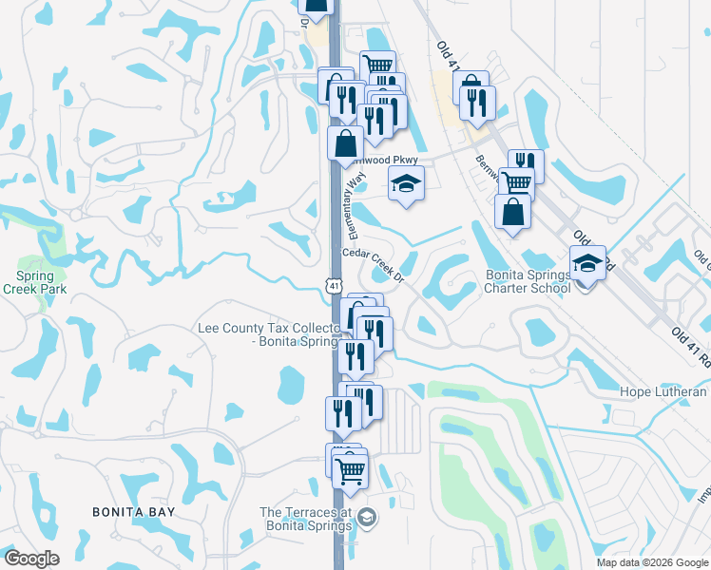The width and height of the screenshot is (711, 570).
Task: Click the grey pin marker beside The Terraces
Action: [368, 518]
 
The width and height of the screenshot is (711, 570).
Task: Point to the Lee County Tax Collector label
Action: [268, 334]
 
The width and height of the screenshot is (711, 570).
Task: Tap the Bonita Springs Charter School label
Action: [528, 282]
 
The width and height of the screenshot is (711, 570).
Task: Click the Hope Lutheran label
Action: [663, 391]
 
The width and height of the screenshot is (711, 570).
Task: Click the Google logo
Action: [32, 558]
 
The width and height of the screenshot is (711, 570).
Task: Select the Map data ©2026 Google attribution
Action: [651, 562]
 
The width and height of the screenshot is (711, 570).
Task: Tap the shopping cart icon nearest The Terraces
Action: [351, 469]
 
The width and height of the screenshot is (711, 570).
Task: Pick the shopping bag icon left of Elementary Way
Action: [345, 144]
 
